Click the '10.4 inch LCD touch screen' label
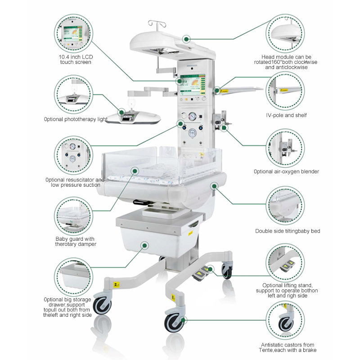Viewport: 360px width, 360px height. [76, 59]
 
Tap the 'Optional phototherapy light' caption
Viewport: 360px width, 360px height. [76, 119]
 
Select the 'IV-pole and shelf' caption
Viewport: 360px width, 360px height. [286, 115]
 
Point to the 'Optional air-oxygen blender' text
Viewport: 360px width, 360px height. [286, 171]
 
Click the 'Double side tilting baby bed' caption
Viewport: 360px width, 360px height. [288, 231]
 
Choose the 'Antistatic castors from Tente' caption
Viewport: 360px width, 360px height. [288, 347]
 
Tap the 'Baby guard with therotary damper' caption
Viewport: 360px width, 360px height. [76, 242]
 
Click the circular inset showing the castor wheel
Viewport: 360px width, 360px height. [285, 320]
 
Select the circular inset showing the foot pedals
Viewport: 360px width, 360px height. [285, 263]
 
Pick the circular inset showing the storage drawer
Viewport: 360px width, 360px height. [74, 277]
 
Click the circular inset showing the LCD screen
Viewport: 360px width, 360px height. [74, 33]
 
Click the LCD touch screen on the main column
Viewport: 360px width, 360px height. [193, 84]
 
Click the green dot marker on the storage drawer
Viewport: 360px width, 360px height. [144, 245]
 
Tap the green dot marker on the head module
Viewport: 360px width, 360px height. [186, 39]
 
